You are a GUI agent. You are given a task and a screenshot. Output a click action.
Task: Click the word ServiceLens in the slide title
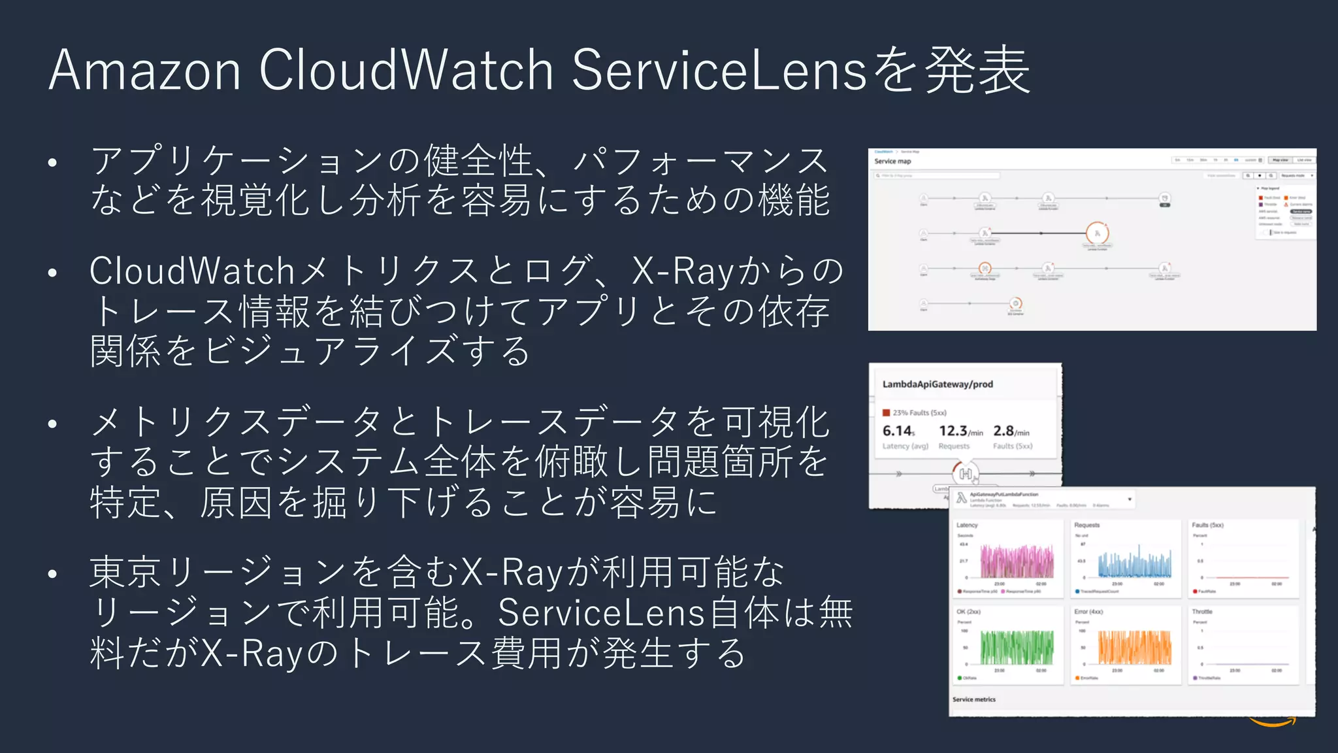pos(719,70)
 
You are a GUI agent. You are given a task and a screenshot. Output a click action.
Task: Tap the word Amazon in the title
pos(145,70)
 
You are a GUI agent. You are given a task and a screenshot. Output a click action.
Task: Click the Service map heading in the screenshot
pos(892,161)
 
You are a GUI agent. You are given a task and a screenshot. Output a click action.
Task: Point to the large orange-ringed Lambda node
pos(1098,233)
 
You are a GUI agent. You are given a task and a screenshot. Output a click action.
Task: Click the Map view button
pos(1280,160)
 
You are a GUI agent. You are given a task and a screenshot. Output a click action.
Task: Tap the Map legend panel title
pos(1271,188)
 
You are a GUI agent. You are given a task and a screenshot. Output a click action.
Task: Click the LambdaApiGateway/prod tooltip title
pos(938,384)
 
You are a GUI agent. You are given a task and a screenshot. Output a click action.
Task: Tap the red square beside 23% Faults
pos(887,412)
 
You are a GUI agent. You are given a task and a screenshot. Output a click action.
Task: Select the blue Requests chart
pos(1127,562)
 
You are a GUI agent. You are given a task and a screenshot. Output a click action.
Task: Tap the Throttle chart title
pos(1202,612)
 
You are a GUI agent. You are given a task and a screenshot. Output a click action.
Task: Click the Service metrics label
pos(973,699)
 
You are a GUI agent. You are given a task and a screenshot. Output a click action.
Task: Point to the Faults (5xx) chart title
pos(1207,525)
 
